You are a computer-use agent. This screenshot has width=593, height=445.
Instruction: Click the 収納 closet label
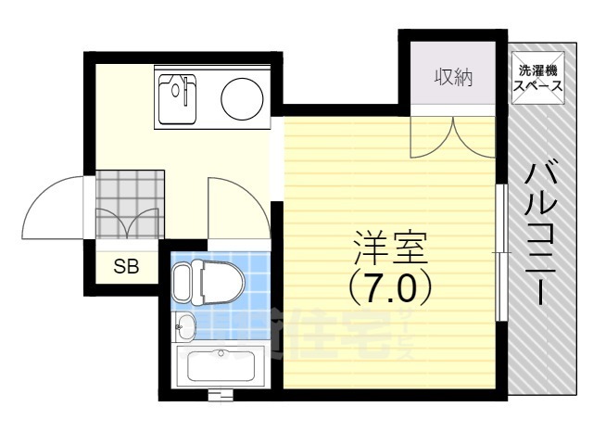(454, 78)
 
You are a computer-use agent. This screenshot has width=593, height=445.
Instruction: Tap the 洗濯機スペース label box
(538, 78)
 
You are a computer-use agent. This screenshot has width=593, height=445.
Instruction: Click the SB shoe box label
(126, 267)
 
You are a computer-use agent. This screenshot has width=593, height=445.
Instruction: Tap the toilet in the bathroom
(208, 281)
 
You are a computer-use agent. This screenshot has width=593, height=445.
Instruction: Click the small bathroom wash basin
(186, 325)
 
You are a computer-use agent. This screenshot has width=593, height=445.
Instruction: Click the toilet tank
(182, 281)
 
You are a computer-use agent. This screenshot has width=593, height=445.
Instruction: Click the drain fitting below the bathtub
(220, 396)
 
